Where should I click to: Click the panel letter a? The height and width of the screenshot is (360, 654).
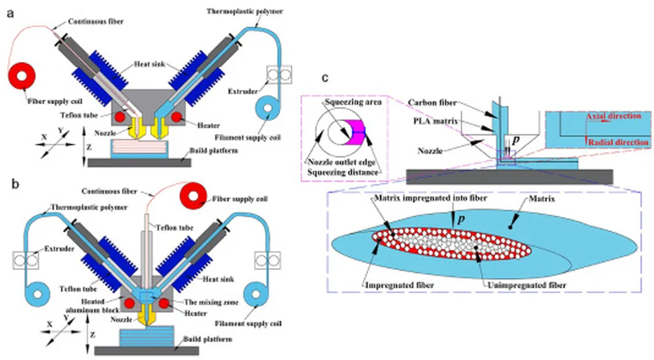click(x=10, y=14)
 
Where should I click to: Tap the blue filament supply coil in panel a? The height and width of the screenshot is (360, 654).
click(x=268, y=109)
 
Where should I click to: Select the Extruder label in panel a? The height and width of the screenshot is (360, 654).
click(x=243, y=91)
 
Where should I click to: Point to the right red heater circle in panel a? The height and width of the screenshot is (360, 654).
click(x=176, y=117)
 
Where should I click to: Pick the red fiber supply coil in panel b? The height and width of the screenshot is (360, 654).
click(x=194, y=196)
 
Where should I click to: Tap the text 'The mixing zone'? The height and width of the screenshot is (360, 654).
click(x=211, y=303)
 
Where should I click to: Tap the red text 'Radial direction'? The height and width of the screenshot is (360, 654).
click(x=618, y=142)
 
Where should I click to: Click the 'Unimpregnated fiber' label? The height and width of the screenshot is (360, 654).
click(x=527, y=285)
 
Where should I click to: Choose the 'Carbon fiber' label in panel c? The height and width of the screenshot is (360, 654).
click(x=432, y=103)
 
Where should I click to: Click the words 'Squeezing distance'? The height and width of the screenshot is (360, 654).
click(x=343, y=172)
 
